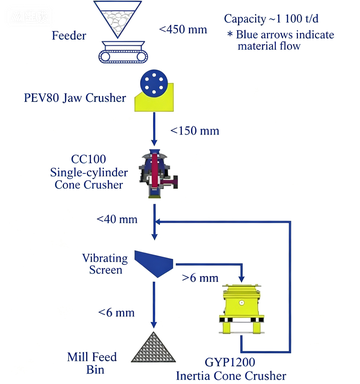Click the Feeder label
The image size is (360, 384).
click(x=69, y=36)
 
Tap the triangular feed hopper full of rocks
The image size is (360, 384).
click(x=117, y=19)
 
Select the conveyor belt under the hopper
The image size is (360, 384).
click(x=123, y=52)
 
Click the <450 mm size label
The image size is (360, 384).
click(x=183, y=29)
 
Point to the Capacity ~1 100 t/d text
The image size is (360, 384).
click(x=271, y=19)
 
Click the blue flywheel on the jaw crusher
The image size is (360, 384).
click(x=154, y=83)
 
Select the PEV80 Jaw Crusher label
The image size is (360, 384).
click(x=75, y=98)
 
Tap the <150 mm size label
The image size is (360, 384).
click(x=195, y=130)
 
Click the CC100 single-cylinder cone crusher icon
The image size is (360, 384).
click(x=158, y=173)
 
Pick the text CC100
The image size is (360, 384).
click(x=89, y=159)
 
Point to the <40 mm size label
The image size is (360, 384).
click(x=117, y=219)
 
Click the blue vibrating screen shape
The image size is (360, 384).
click(x=154, y=263)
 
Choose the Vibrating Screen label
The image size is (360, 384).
click(x=105, y=264)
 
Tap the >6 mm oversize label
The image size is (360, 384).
click(x=200, y=278)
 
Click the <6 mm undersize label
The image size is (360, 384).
click(x=116, y=312)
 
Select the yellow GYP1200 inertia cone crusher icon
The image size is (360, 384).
click(x=242, y=308)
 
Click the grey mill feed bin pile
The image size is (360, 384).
click(x=153, y=347)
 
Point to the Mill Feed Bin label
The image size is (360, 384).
click(x=92, y=363)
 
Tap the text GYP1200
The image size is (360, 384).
click(x=230, y=362)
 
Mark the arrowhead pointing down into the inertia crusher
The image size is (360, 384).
click(x=242, y=278)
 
